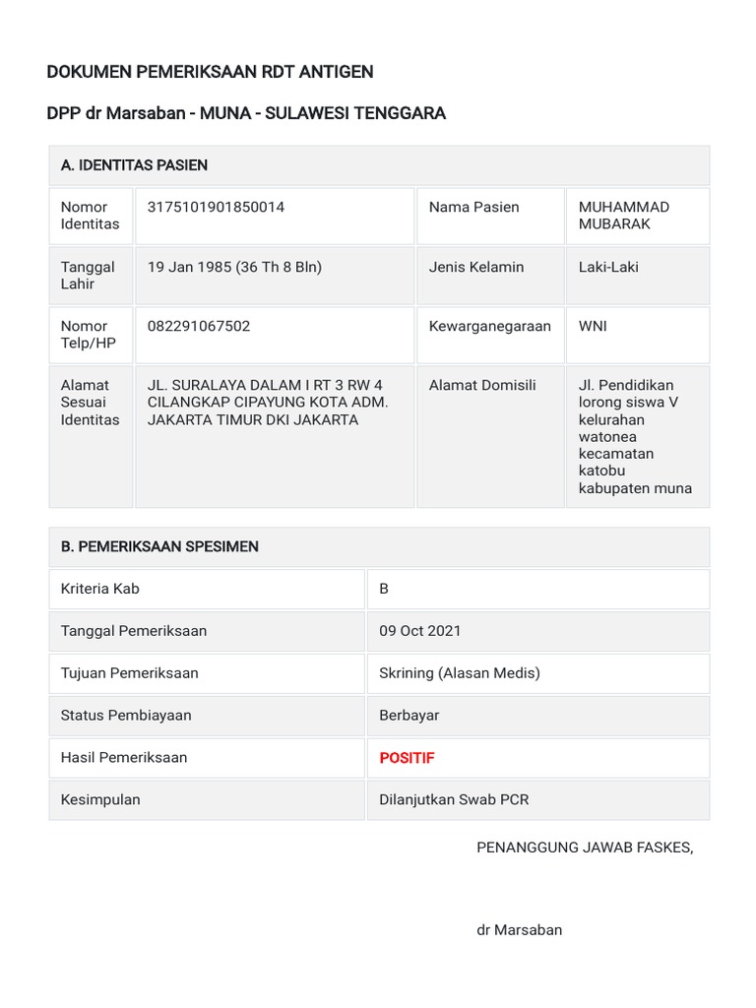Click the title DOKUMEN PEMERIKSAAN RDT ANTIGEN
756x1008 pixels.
point(210,72)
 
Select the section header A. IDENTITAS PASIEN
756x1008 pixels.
point(134,165)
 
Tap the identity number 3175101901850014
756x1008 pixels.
point(216,207)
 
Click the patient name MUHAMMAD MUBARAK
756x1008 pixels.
point(623,216)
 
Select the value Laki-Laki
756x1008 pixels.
point(607,267)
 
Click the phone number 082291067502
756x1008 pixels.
point(198,326)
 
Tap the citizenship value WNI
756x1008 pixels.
point(593,326)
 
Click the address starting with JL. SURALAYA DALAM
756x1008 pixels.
point(268,403)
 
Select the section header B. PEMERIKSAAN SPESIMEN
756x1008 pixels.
point(159,546)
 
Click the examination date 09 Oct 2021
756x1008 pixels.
point(419,631)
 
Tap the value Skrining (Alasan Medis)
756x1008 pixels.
point(460,673)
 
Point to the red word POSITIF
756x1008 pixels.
point(407,758)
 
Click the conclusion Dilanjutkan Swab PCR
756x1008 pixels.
point(454,799)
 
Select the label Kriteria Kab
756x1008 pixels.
point(100,589)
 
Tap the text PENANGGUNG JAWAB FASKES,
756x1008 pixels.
point(585,848)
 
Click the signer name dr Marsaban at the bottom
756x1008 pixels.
point(519,929)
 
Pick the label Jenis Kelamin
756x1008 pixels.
point(476,267)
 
